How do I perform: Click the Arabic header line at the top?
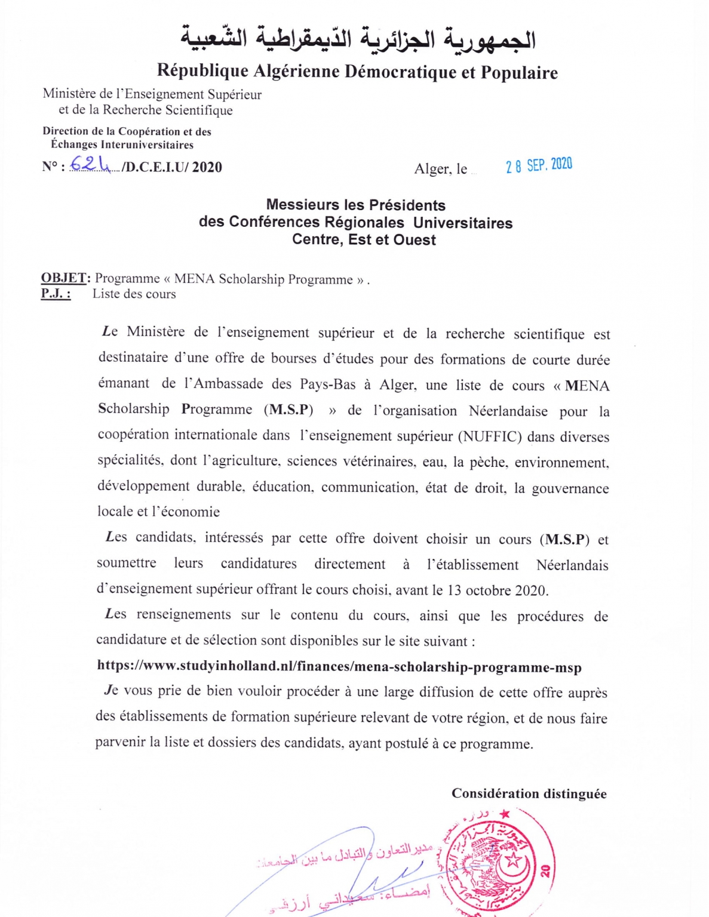pos(358,38)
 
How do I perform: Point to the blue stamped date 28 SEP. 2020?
pos(539,165)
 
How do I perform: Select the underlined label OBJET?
pos(64,278)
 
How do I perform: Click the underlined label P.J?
pos(56,294)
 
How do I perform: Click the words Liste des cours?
pos(134,294)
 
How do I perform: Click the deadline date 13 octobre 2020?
pos(497,590)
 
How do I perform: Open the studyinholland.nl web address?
pos(339,666)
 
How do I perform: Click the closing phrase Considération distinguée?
pos(529,793)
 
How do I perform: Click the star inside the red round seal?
pos(512,860)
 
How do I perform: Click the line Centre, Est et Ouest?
pos(364,240)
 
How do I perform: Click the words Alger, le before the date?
pos(441,169)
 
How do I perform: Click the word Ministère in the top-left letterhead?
pos(69,94)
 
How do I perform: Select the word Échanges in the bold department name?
pos(74,144)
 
